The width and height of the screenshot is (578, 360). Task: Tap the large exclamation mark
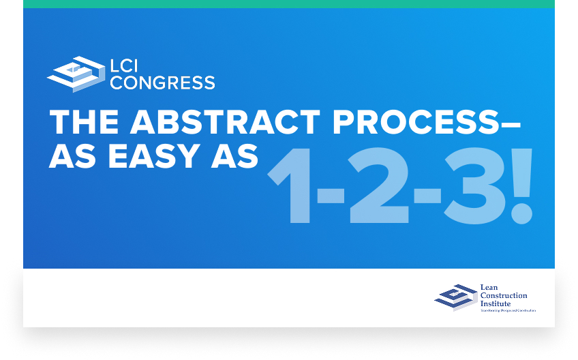[x=521, y=184]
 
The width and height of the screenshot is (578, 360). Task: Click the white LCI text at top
[x=127, y=66]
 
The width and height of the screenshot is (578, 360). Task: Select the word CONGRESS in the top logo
[x=162, y=83]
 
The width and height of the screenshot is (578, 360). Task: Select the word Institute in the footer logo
[x=496, y=303]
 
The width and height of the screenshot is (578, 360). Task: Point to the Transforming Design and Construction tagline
[x=508, y=311]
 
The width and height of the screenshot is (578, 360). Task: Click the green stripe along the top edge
[x=289, y=3]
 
